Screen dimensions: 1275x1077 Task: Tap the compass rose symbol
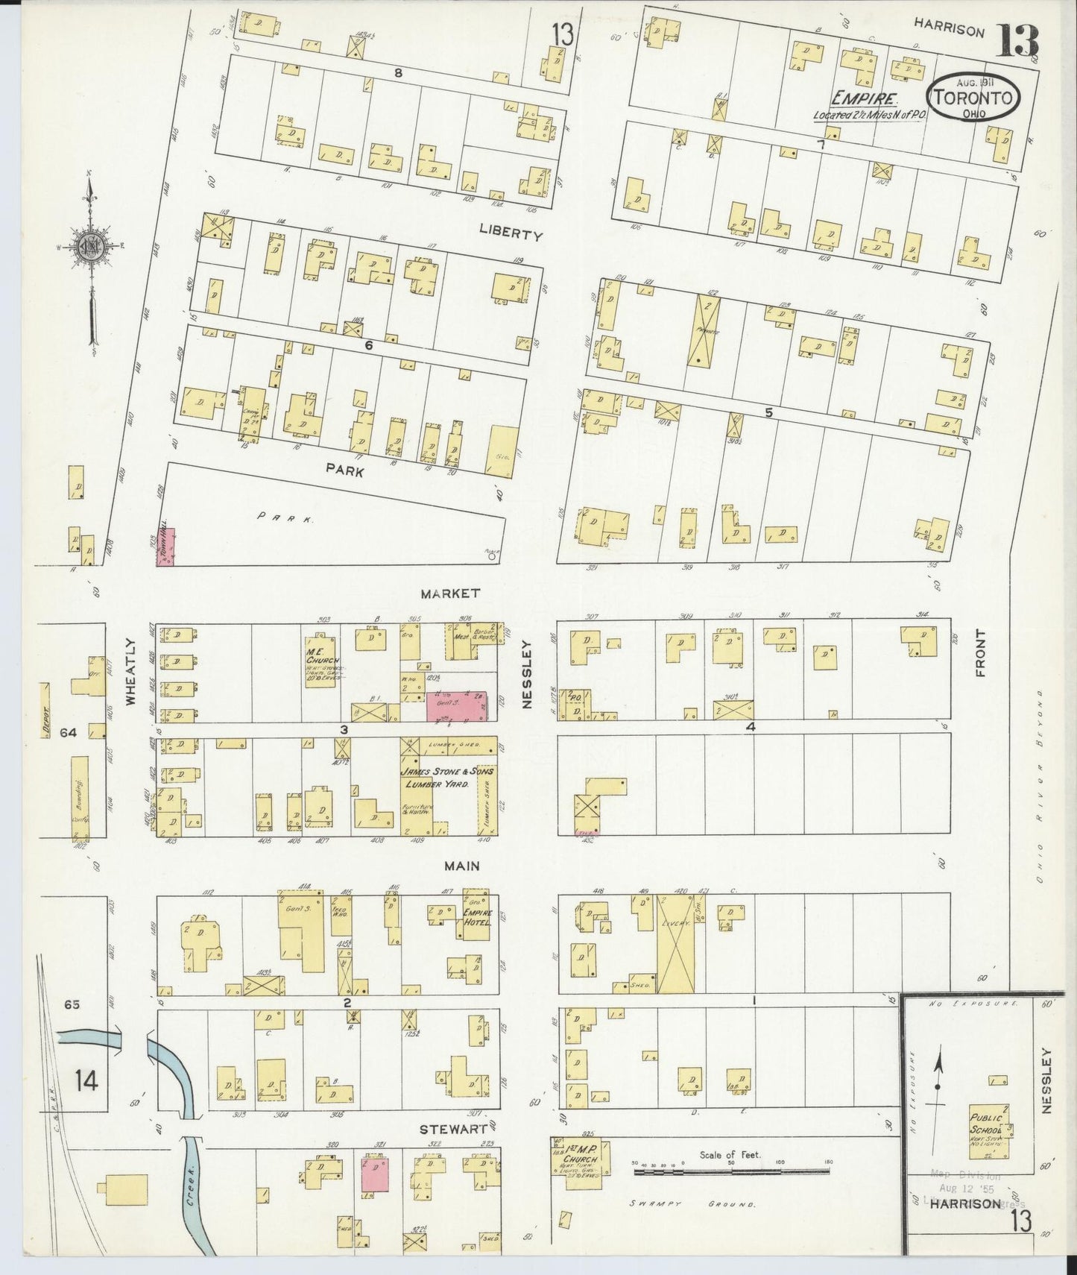[89, 248]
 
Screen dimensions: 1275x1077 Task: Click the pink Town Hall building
[168, 547]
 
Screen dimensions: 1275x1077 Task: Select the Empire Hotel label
[476, 917]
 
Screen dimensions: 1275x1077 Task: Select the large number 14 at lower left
[86, 1080]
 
